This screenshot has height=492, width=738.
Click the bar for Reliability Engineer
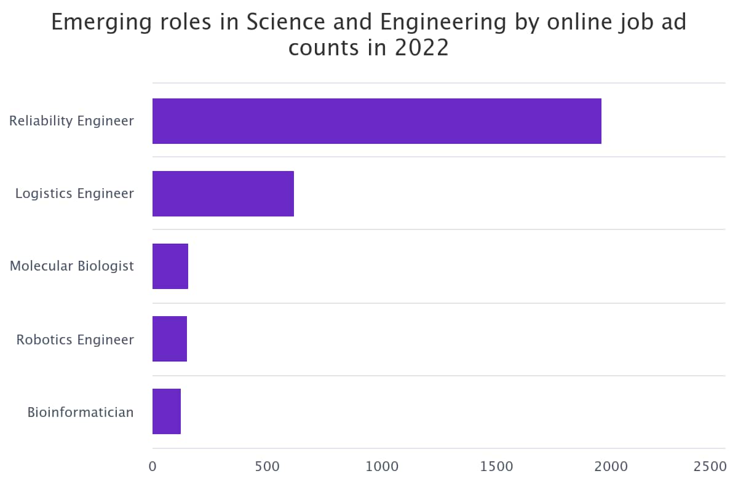tap(376, 121)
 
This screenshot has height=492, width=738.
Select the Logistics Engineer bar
tap(223, 194)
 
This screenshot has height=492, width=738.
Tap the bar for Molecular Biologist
tap(170, 266)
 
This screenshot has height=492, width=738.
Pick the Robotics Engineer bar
tap(169, 339)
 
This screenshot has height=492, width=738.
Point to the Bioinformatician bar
tap(166, 411)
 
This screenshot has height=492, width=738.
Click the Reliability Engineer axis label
tap(71, 121)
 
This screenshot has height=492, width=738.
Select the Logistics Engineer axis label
tap(74, 194)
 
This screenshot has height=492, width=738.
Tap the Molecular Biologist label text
tap(71, 266)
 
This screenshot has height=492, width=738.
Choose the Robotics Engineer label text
tap(75, 339)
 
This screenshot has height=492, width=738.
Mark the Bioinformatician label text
tap(81, 412)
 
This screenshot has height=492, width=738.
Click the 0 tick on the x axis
tap(153, 467)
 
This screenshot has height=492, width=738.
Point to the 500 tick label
tap(267, 467)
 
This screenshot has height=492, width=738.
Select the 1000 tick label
tap(382, 467)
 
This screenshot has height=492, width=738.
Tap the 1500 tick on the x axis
tap(496, 467)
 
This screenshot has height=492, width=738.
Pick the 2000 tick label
tap(611, 467)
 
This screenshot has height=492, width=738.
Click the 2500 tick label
tap(710, 467)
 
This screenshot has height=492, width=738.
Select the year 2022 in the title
tap(422, 48)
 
